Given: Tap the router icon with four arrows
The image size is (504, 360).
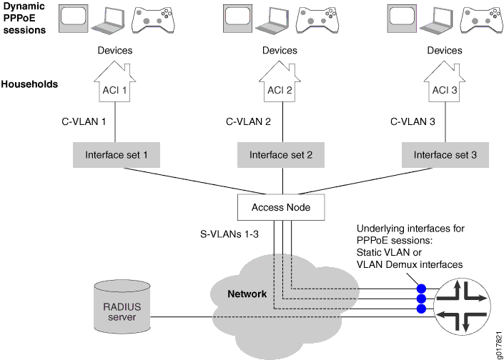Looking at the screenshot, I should point(464,298).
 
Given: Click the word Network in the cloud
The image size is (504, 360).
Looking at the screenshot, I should point(247,294).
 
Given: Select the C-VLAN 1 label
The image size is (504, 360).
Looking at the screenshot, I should point(84,122).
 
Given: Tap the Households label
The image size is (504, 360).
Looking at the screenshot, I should point(29,84).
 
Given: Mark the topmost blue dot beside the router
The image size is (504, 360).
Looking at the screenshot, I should point(421,289).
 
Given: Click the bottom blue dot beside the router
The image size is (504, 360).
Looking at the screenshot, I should point(421,309).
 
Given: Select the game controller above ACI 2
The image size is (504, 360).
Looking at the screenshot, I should point(315,20).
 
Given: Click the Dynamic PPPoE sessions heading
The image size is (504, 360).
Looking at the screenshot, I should point(24,19).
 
